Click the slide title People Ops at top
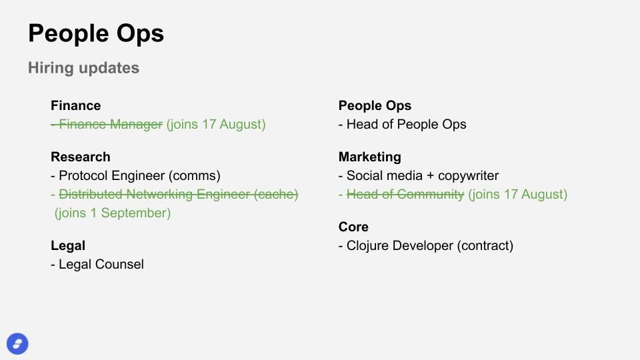(96, 34)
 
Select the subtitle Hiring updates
(84, 68)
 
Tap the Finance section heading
(76, 105)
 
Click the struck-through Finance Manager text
(107, 124)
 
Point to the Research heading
(81, 157)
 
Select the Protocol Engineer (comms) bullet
(135, 175)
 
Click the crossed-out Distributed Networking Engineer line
(175, 194)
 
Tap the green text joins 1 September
(113, 213)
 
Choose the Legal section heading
(68, 246)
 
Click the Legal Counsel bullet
(97, 264)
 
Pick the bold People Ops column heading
(375, 106)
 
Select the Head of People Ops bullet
(403, 125)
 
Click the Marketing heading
(370, 157)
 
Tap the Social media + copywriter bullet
(419, 175)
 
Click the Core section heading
(353, 227)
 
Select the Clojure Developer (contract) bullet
(426, 246)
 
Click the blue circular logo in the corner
(17, 344)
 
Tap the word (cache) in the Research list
(276, 194)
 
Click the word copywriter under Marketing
(468, 176)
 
